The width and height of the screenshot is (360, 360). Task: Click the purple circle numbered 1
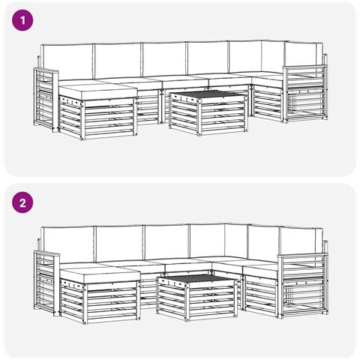click(22, 20)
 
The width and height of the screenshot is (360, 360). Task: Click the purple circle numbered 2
click(22, 202)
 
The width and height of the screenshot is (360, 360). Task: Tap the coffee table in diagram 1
click(208, 112)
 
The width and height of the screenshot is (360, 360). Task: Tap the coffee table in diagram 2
click(196, 297)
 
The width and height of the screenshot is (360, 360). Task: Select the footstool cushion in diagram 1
click(98, 91)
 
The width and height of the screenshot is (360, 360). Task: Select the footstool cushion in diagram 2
click(100, 274)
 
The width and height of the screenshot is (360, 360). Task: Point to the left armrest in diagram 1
click(46, 100)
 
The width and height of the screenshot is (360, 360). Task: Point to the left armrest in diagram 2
click(46, 283)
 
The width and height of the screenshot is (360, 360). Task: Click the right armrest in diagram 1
click(305, 94)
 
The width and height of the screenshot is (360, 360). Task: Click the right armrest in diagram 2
click(302, 286)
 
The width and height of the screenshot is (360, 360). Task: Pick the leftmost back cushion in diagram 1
click(67, 62)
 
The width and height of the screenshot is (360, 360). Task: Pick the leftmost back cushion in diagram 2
click(68, 244)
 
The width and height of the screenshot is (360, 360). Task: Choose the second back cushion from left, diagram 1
click(118, 61)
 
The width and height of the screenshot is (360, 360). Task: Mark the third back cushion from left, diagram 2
click(166, 242)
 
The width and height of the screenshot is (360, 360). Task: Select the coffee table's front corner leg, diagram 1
click(199, 116)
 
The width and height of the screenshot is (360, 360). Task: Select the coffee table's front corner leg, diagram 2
click(187, 301)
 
